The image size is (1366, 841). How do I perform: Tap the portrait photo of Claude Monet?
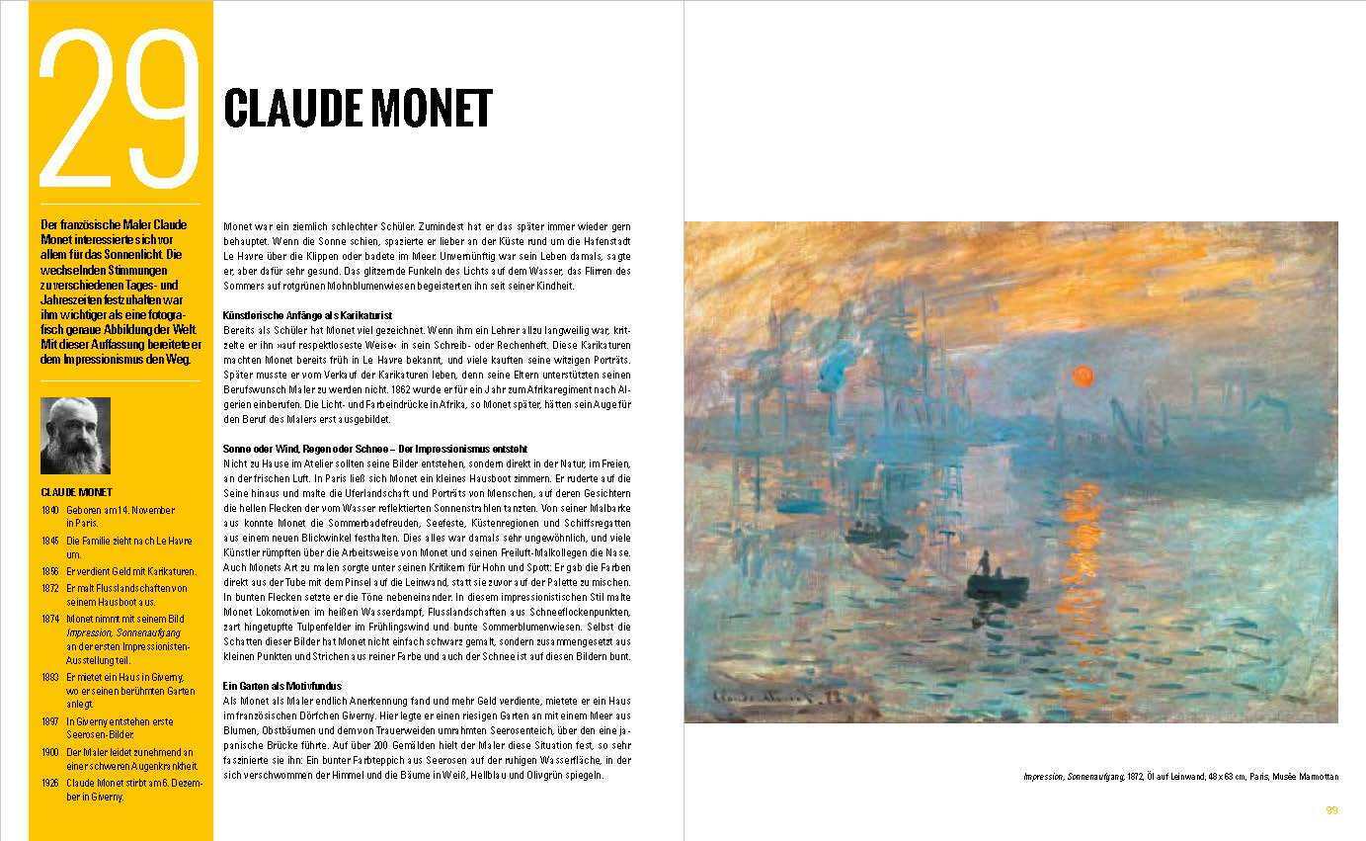point(76,436)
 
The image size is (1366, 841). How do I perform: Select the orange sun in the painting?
point(1083,375)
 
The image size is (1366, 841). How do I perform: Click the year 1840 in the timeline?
point(50,510)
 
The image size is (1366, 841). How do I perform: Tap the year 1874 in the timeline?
point(50,619)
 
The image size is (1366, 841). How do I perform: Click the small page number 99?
point(1331,810)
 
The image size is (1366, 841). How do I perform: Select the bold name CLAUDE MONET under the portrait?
point(77,491)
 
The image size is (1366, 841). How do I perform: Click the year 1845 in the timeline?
point(50,542)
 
